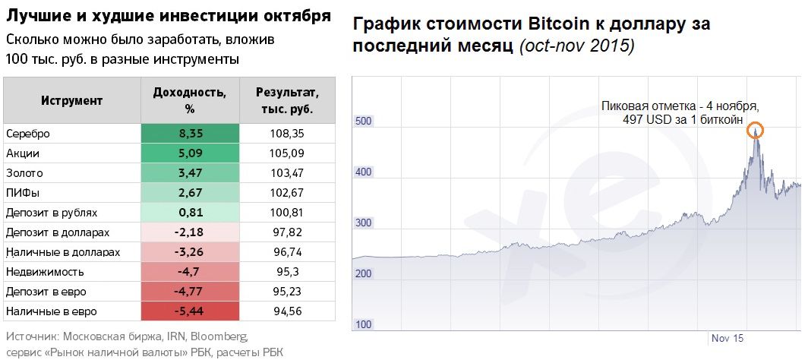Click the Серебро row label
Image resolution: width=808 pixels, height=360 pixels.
tap(28, 134)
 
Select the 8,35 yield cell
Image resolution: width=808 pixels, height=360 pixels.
tap(190, 134)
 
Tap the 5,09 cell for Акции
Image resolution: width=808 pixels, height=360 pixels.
tap(190, 153)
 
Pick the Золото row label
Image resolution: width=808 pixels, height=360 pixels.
tap(24, 173)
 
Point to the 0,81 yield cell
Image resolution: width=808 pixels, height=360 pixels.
tap(190, 213)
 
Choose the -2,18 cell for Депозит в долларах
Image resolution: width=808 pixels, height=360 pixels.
tap(190, 232)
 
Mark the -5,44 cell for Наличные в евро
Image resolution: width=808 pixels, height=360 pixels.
tap(190, 311)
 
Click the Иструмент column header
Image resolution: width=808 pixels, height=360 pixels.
tap(72, 100)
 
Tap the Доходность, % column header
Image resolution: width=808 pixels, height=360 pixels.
tap(190, 100)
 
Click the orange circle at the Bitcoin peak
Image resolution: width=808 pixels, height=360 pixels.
tap(755, 130)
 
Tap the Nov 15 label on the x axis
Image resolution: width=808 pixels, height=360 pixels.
tap(727, 336)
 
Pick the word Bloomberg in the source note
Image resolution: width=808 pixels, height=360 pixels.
tap(220, 336)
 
